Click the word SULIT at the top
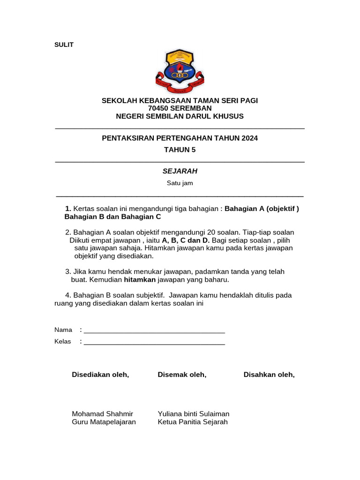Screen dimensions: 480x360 [x=64, y=45]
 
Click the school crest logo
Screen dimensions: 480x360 [x=180, y=72]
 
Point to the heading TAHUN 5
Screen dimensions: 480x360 [x=180, y=150]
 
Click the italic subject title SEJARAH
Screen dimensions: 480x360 [x=180, y=171]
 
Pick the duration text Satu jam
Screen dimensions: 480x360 [x=180, y=183]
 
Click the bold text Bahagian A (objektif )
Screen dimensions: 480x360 [x=262, y=209]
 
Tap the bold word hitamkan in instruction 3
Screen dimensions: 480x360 [x=140, y=280]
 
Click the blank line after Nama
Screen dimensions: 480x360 [x=154, y=330]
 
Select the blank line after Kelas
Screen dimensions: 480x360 [x=154, y=342]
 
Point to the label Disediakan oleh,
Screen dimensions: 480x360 [x=100, y=375]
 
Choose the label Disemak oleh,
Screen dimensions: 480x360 [x=182, y=375]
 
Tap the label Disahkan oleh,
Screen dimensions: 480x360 [x=269, y=375]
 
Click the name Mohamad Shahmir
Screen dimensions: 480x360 [x=102, y=414]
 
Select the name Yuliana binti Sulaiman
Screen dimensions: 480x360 [x=194, y=414]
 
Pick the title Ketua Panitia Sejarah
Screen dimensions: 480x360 [x=193, y=422]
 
